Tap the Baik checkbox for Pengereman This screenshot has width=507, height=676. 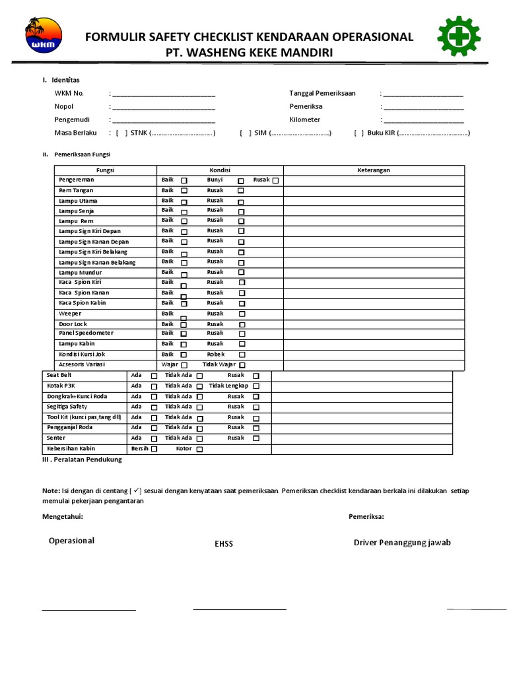pyautogui.click(x=184, y=180)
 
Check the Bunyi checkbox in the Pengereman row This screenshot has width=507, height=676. pyautogui.click(x=241, y=180)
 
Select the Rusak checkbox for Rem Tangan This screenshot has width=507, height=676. pyautogui.click(x=241, y=191)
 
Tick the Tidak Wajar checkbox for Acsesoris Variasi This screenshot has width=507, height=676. pyautogui.click(x=242, y=365)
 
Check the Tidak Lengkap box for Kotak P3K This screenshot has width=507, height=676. pyautogui.click(x=256, y=386)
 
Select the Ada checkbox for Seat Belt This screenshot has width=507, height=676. pyautogui.click(x=154, y=376)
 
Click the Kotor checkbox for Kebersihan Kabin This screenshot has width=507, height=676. pyautogui.click(x=199, y=449)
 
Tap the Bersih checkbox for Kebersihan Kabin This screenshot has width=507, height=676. pyautogui.click(x=154, y=449)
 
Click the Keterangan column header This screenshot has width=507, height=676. pyautogui.click(x=374, y=170)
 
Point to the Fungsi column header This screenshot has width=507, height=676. pyautogui.click(x=105, y=170)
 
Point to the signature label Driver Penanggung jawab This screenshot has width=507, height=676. pyautogui.click(x=402, y=543)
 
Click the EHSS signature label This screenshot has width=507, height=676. pyautogui.click(x=224, y=544)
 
